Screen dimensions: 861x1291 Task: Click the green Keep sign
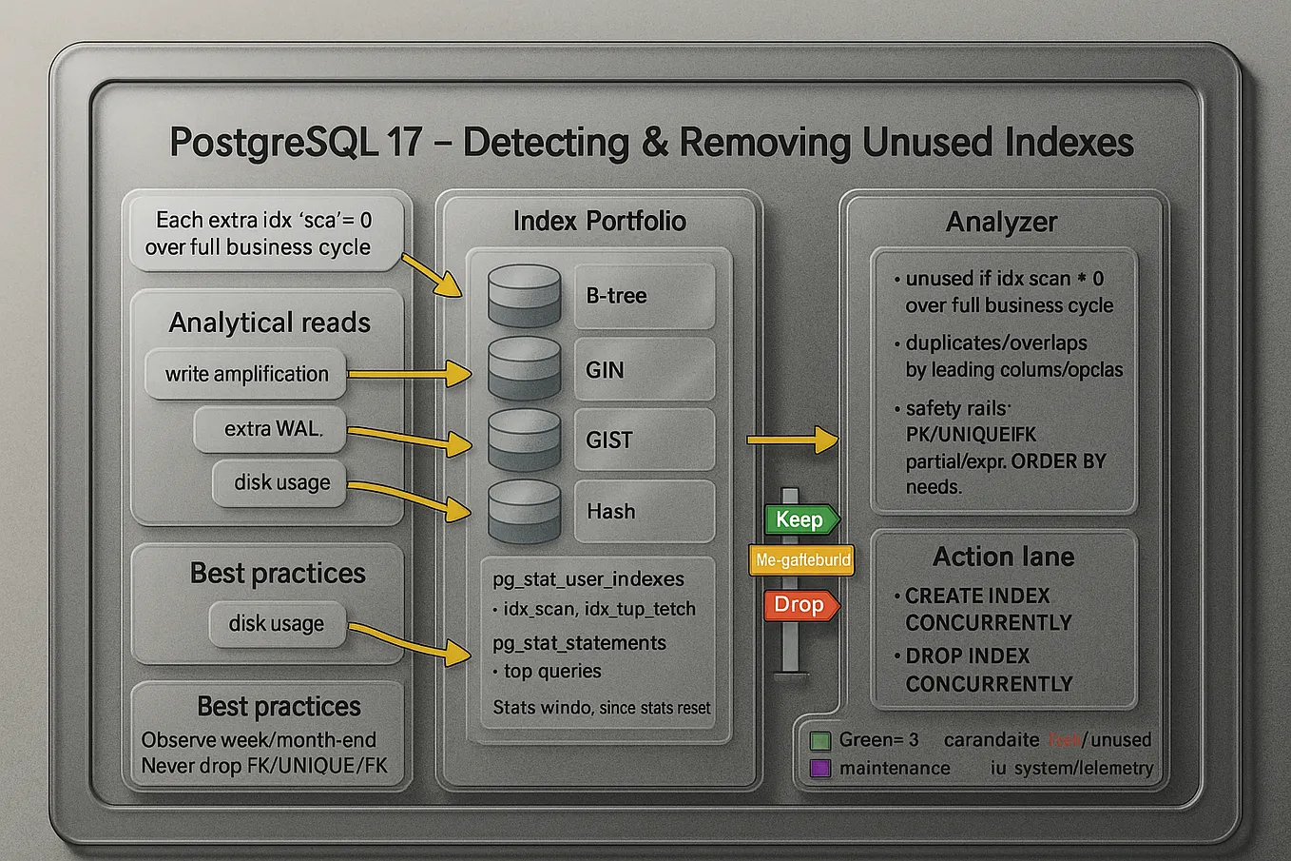tap(800, 519)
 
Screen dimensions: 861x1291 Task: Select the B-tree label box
tap(644, 296)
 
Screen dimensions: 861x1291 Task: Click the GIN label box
tap(644, 369)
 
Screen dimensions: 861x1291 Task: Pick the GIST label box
tap(644, 440)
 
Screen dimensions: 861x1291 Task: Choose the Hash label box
tap(644, 511)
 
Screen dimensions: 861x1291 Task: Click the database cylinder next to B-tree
tap(524, 296)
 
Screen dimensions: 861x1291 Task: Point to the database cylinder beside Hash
tap(524, 511)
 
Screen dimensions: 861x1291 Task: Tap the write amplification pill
tap(246, 374)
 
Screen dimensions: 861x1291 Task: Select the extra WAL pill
tap(272, 429)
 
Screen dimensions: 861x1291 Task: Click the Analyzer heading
tap(1001, 223)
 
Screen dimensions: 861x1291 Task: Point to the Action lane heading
tap(1003, 557)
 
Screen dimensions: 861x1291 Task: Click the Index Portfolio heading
tap(599, 222)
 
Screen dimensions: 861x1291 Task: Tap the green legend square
tap(820, 740)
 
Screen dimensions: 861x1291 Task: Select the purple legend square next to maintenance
tap(820, 768)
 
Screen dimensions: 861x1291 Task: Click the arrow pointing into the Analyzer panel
tap(795, 440)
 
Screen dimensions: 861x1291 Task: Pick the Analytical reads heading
tap(269, 323)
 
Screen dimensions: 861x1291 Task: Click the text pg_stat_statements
tap(579, 643)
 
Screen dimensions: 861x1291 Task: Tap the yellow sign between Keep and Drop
tap(800, 560)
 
